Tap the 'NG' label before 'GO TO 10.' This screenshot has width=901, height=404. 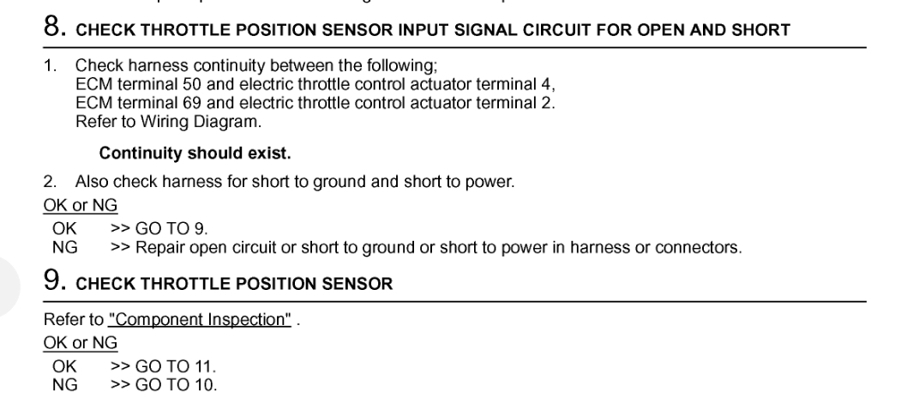click(x=65, y=383)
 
